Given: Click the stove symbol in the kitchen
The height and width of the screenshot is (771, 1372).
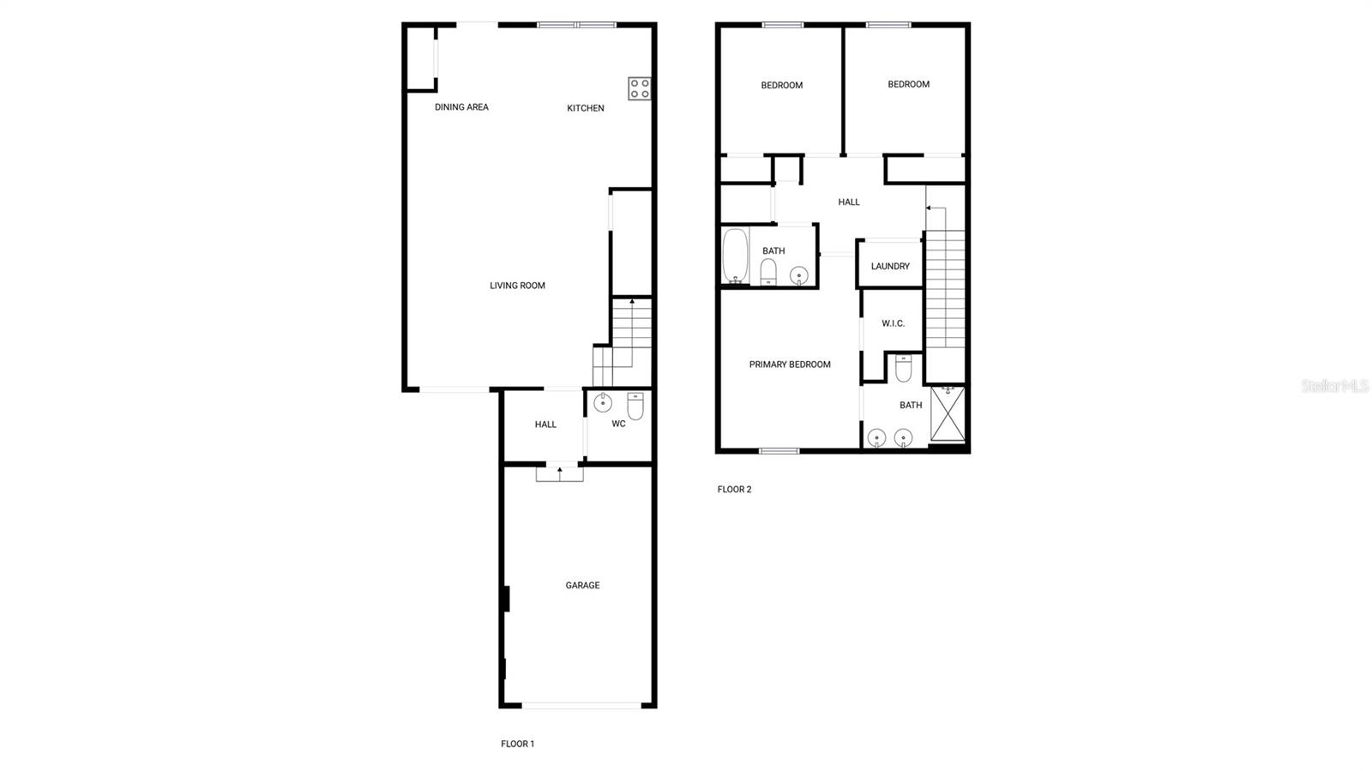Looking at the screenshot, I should tap(639, 88).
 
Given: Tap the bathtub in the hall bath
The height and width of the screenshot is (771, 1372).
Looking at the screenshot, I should tap(735, 255).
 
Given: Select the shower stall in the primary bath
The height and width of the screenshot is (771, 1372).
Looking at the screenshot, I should tap(948, 413).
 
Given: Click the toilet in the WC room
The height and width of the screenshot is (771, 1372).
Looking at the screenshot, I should tap(635, 405).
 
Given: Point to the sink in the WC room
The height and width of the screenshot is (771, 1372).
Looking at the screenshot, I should tap(603, 401).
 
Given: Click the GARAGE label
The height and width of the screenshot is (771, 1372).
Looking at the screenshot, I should tap(582, 586).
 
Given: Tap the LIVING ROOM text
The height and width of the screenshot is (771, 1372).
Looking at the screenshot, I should tap(517, 286).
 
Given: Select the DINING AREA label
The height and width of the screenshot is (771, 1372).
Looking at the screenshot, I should tap(461, 107).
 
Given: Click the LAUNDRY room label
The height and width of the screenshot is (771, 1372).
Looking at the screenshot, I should tap(890, 267).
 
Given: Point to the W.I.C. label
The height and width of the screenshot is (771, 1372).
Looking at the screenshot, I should tap(893, 323).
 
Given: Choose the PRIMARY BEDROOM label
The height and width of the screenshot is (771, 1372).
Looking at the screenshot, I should tap(790, 364).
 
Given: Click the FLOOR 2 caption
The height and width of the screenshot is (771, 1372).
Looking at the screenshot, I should tap(734, 490).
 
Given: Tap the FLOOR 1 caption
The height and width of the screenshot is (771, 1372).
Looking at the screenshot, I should tap(517, 744).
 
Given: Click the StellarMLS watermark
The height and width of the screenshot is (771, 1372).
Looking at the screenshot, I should tap(1334, 387).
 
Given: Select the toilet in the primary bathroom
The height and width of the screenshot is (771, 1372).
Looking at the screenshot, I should tap(903, 369).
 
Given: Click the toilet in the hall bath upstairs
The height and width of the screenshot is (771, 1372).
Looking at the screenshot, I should tap(768, 272).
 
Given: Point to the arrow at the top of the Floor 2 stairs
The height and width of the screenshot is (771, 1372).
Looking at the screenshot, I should tap(929, 208).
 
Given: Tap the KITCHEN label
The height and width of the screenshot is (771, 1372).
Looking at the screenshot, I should tap(586, 108).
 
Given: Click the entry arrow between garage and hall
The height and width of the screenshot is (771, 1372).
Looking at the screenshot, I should tap(560, 470).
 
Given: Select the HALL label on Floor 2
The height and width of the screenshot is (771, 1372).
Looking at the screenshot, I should tap(849, 202).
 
